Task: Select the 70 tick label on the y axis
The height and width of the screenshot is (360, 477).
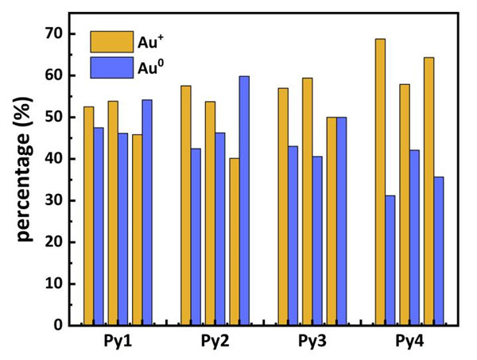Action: click(52, 33)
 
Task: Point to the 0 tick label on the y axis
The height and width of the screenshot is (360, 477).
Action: click(57, 325)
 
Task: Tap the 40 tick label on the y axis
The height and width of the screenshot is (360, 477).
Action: click(52, 159)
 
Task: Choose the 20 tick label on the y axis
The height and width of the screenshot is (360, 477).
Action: click(52, 242)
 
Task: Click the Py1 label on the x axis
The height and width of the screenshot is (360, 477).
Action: click(117, 343)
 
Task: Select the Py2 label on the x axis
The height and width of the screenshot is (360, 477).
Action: click(215, 343)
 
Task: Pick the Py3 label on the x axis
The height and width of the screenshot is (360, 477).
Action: click(312, 343)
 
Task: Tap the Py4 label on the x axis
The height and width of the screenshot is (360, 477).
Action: click(410, 343)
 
